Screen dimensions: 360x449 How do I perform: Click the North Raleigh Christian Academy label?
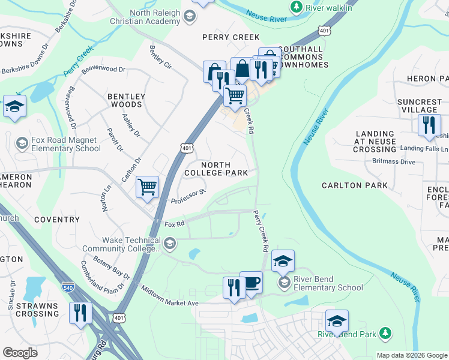point(145,16)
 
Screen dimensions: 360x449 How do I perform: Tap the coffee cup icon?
point(251,283)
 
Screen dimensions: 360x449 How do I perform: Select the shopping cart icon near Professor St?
point(147,187)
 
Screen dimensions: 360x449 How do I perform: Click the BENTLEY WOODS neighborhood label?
point(126,100)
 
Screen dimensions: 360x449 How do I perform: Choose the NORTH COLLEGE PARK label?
point(215,169)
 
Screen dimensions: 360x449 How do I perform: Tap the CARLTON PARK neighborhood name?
point(354,185)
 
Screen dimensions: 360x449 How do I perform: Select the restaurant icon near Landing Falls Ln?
point(429,125)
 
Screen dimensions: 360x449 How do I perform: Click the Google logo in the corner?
point(20,353)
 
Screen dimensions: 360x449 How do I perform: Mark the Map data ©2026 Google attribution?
point(411,355)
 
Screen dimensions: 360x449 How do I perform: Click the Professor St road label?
point(188,196)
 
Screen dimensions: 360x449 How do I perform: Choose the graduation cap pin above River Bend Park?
point(337,321)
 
